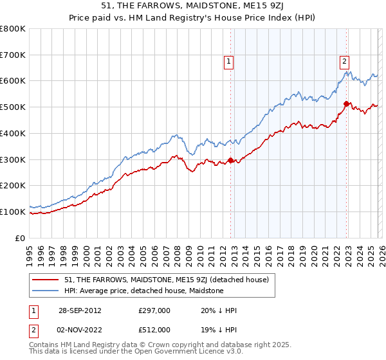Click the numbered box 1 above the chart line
tap(229, 62)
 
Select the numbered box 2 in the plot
tap(345, 62)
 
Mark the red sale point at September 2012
tap(230, 161)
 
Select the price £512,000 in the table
tap(153, 330)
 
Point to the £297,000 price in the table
tap(153, 310)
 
